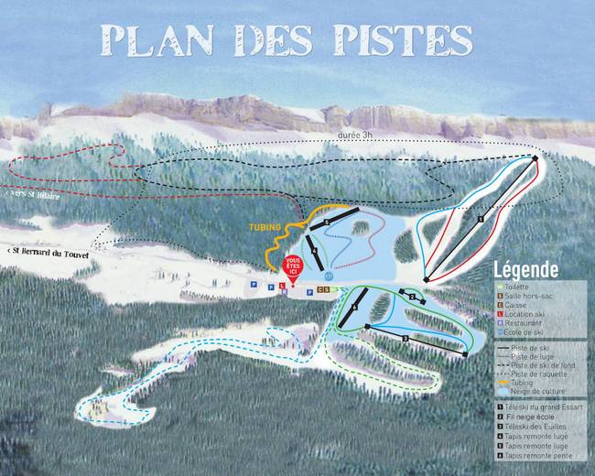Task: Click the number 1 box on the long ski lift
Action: [x=481, y=219]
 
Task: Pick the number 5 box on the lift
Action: [x=326, y=222]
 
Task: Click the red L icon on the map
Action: [x=283, y=287]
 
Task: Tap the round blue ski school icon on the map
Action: [x=329, y=275]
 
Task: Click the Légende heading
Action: [x=525, y=271]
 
